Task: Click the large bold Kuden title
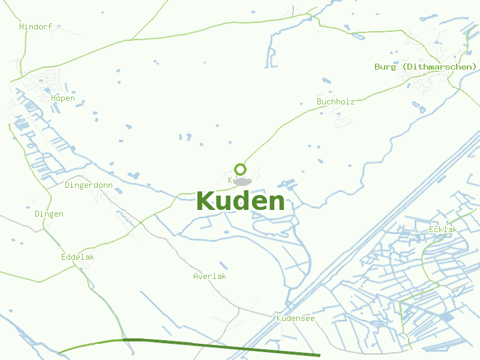coord(240,202)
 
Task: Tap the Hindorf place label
coord(36,27)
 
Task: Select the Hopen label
coord(63,98)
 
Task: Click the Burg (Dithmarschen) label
coord(425,67)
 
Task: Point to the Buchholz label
coord(336,101)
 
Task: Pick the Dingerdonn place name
coord(89,185)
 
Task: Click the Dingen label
coord(49,214)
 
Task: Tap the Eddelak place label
coord(78,257)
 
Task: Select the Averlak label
coord(210,277)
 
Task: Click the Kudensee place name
coord(295,319)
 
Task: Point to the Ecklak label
coord(443,230)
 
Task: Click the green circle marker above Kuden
coord(241,169)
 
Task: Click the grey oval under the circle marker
coord(242,182)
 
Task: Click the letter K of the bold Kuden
coord(206,202)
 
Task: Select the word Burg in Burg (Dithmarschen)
coord(385,67)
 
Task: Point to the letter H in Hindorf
coord(22,27)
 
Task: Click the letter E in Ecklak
coord(431,230)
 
